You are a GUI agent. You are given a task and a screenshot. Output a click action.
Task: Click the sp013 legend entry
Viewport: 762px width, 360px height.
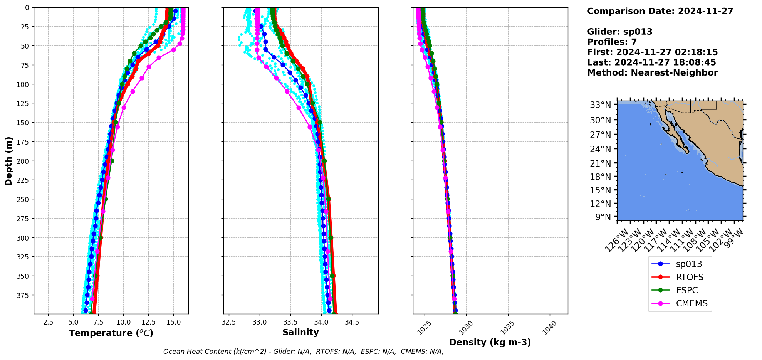688,264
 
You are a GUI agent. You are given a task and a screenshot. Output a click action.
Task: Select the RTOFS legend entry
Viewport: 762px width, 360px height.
689,277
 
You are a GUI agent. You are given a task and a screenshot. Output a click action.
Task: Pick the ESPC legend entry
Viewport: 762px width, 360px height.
686,290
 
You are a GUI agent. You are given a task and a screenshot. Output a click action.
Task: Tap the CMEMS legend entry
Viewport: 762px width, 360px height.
692,303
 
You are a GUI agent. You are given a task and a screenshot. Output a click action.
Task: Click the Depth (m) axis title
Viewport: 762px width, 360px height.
8,161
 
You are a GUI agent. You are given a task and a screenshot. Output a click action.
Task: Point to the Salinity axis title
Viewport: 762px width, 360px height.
300,333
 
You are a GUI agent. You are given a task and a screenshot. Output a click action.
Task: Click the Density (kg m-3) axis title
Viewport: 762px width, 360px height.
490,342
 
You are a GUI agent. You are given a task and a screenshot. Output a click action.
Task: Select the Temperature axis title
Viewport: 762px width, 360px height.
111,333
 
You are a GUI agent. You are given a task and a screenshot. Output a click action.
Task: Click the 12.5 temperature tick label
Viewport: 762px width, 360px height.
148,322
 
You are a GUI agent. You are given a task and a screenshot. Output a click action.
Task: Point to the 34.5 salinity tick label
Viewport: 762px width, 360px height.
352,322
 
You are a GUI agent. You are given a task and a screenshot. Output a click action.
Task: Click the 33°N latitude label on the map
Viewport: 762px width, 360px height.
600,105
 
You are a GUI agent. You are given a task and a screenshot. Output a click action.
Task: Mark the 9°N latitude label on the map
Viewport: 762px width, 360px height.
603,217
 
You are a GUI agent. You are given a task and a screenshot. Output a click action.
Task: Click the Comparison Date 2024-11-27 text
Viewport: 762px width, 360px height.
660,11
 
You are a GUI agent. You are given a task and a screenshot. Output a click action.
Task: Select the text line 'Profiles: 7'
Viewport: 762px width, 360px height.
612,42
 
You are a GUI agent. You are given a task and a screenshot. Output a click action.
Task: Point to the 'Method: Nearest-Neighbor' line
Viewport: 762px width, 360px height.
652,73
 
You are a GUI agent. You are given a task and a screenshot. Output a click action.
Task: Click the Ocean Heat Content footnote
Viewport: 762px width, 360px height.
303,352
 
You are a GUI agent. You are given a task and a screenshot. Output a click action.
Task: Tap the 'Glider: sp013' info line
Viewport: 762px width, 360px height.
619,32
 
